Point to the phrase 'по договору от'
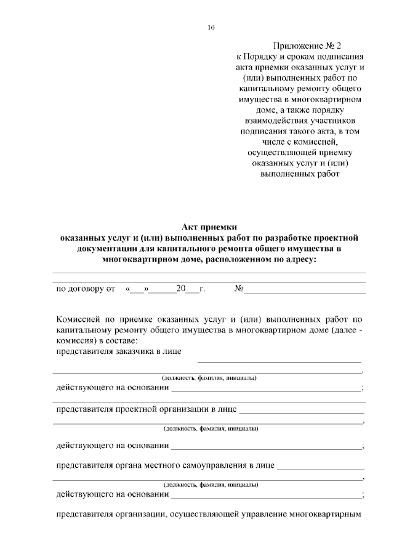pyautogui.click(x=86, y=288)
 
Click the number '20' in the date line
pyautogui.click(x=181, y=288)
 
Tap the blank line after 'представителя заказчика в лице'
pyautogui.click(x=278, y=361)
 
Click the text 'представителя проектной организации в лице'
pyautogui.click(x=145, y=409)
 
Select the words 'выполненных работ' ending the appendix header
pyautogui.click(x=301, y=174)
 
